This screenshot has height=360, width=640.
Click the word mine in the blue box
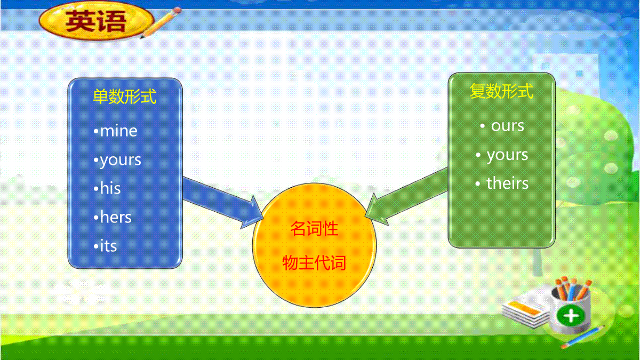118,131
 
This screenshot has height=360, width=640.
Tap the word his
110,188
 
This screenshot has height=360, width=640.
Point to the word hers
116,217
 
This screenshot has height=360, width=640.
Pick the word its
109,246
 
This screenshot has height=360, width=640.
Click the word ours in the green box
507,126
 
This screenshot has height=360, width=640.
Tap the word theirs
507,183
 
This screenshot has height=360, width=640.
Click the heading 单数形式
125,97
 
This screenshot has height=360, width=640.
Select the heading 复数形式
501,91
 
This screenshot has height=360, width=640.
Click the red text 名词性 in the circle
314,229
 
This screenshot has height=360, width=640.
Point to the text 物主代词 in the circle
314,262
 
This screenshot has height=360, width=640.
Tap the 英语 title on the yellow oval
95,21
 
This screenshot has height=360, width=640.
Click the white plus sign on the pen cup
571,316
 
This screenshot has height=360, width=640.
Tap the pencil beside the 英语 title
161,22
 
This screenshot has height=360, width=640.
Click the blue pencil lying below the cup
583,337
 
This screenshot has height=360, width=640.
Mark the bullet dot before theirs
478,183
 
